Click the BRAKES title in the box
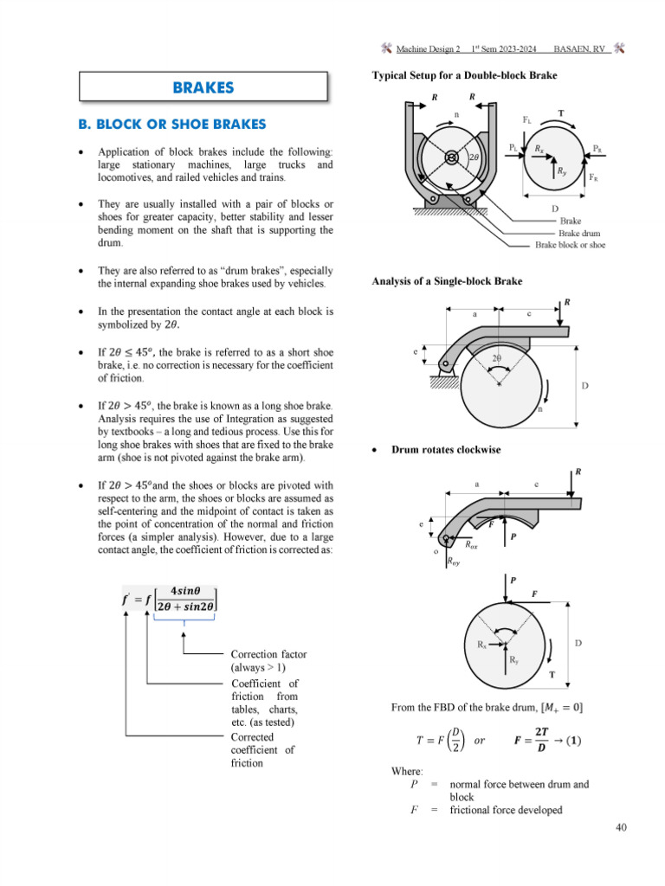click(203, 87)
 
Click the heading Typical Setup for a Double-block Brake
click(464, 75)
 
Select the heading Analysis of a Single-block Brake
click(447, 280)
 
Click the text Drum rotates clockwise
click(446, 450)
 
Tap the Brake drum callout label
click(578, 233)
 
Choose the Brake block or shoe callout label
click(570, 245)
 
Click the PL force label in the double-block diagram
click(513, 148)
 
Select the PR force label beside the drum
click(598, 148)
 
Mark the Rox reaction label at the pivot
click(471, 545)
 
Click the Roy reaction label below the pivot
click(454, 562)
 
